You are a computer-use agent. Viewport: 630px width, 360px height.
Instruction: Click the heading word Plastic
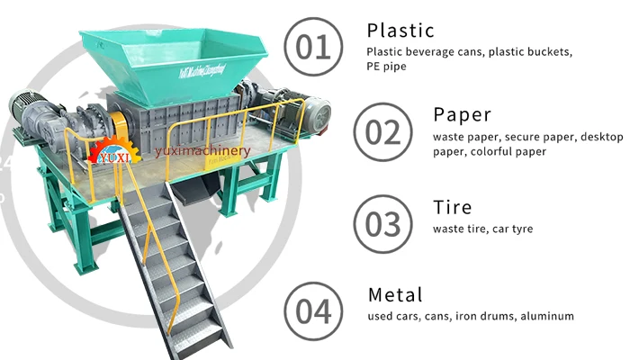tap(401, 31)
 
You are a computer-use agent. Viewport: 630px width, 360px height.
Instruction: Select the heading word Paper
tap(463, 115)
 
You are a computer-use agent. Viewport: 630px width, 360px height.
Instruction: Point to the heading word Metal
tap(395, 294)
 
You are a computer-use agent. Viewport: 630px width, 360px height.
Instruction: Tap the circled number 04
tap(313, 310)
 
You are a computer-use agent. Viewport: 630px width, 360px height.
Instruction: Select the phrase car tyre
tap(511, 229)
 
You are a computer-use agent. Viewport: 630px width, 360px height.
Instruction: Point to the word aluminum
tap(545, 316)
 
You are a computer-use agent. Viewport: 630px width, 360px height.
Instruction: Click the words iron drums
tap(475, 316)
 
